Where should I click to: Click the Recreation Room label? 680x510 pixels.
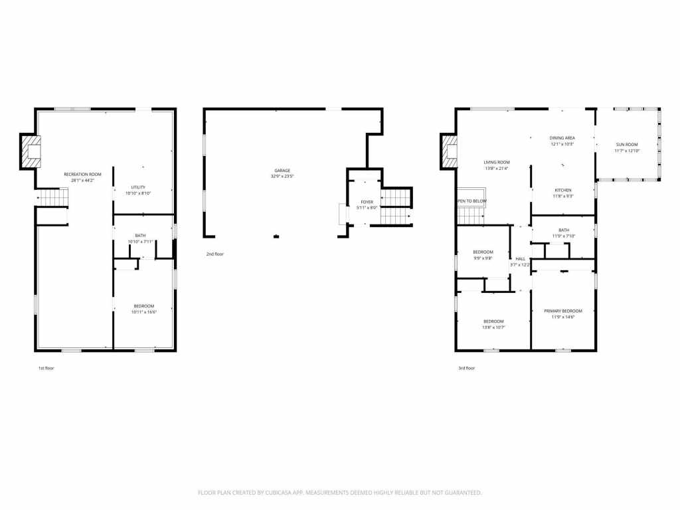tap(83, 174)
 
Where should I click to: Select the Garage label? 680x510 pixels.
tap(282, 170)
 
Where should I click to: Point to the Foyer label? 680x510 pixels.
tap(367, 202)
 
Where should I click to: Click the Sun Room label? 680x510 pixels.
tap(626, 145)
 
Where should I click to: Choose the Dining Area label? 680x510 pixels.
tap(562, 138)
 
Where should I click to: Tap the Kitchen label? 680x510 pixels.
tap(563, 190)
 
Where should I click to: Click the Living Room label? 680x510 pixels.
tap(496, 162)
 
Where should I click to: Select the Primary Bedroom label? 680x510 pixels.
tap(563, 311)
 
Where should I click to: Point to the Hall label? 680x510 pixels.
tap(520, 259)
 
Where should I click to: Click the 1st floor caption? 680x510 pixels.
tap(46, 367)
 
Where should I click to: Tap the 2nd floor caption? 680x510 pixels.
tap(214, 254)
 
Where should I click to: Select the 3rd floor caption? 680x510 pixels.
tap(466, 367)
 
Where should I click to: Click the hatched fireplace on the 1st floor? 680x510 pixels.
tap(31, 151)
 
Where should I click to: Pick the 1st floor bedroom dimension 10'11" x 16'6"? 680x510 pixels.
tap(143, 311)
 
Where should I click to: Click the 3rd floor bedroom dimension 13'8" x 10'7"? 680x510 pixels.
tap(493, 327)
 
